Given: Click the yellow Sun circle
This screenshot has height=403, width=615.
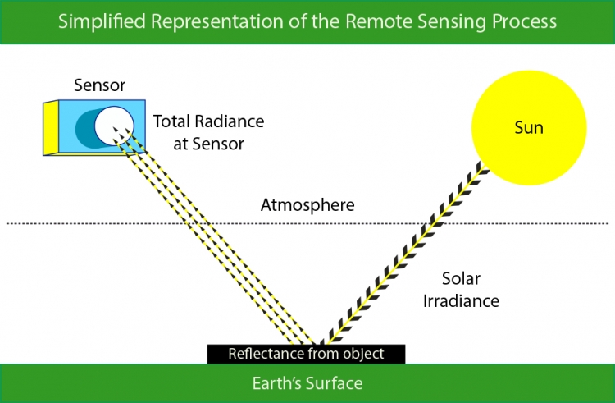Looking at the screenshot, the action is click(x=529, y=127).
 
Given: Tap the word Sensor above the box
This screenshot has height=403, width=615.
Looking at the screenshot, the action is click(x=99, y=85).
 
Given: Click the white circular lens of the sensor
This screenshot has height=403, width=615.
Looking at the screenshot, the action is click(x=114, y=126).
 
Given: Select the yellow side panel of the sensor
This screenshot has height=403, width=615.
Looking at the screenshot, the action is click(x=51, y=128).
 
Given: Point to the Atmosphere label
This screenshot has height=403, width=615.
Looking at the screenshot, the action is click(x=307, y=205).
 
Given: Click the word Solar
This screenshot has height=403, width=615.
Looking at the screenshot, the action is click(x=461, y=278).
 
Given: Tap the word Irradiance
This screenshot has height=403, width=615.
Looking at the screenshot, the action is click(x=461, y=301).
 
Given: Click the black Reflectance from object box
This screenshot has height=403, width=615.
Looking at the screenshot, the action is click(x=306, y=354).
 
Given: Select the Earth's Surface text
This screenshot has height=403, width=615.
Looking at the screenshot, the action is click(x=307, y=383).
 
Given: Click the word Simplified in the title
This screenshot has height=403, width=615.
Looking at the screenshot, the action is click(x=102, y=21).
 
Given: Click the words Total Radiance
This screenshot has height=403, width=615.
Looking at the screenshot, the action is click(x=208, y=121).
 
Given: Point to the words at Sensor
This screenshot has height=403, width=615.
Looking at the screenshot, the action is click(x=208, y=144).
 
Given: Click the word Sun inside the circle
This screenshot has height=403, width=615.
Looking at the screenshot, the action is click(x=529, y=128).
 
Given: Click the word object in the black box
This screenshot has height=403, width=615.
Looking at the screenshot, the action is click(x=363, y=354).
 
